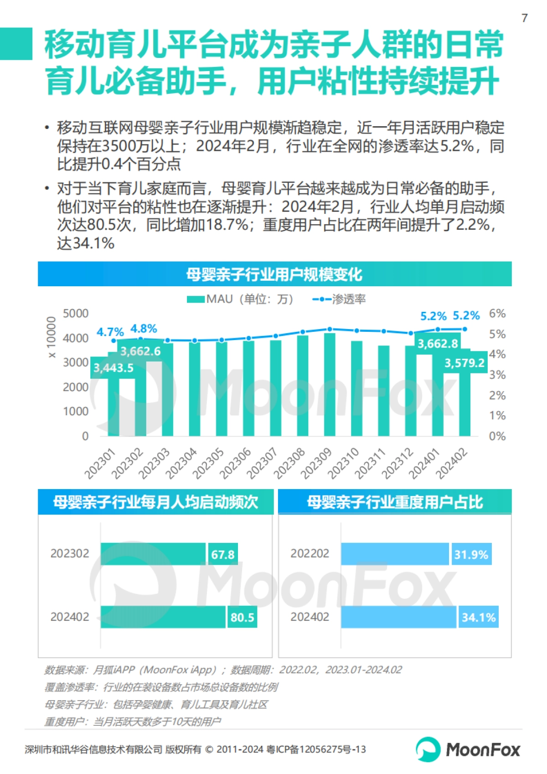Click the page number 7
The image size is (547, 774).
click(525, 18)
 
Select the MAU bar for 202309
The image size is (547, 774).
click(330, 385)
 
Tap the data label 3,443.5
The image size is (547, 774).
click(114, 368)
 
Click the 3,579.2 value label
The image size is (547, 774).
click(464, 363)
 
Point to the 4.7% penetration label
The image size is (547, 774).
click(110, 332)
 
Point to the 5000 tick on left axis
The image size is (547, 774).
click(76, 314)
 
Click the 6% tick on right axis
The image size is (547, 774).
click(497, 314)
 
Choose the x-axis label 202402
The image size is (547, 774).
click(452, 463)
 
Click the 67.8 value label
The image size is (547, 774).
click(222, 554)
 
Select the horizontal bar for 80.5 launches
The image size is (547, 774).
click(163, 617)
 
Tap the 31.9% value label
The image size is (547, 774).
click(471, 554)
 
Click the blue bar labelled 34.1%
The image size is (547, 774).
click(398, 617)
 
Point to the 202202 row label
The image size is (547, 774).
click(310, 553)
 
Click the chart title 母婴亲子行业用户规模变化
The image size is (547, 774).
click(274, 274)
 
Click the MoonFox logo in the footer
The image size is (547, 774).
click(468, 749)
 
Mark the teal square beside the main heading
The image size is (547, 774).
click(16, 44)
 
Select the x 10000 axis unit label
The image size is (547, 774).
click(51, 337)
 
